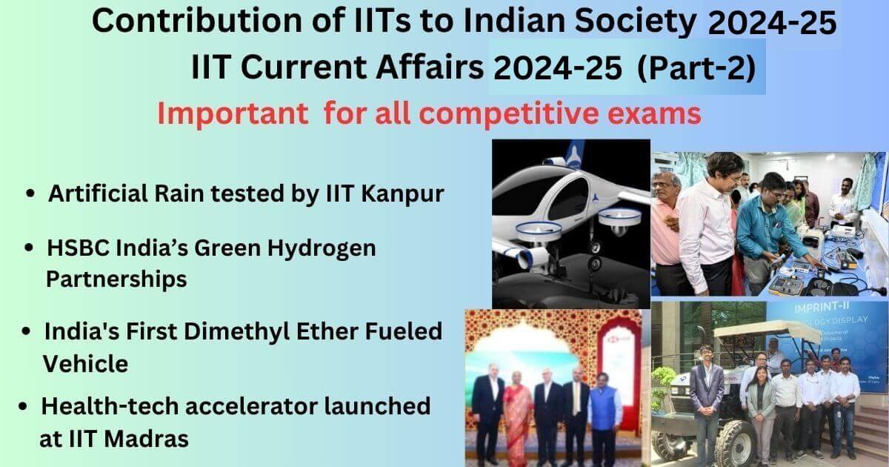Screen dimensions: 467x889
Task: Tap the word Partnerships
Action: coord(116,279)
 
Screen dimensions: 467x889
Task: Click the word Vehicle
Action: coord(85,363)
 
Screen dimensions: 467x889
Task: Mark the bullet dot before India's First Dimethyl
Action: coord(27,332)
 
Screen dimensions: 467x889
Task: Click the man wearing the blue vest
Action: coord(605,419)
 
